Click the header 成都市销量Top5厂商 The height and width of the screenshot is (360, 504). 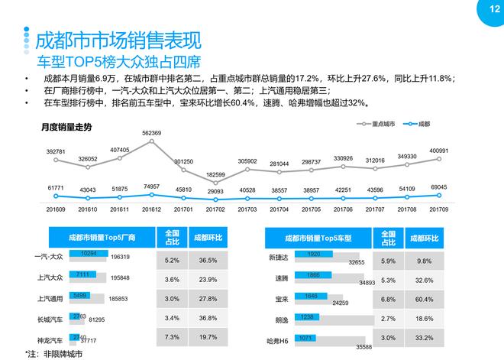(x=102, y=238)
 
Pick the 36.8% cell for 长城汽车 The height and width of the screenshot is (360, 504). (x=204, y=317)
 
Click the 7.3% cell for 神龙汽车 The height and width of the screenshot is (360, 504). (x=171, y=337)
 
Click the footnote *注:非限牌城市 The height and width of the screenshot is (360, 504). (x=53, y=353)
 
